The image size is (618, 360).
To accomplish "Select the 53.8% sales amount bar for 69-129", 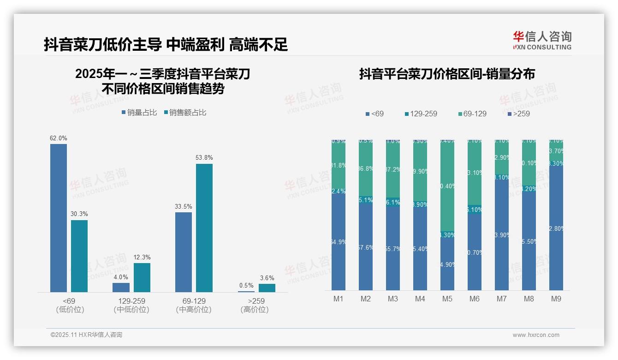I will pos(204,228).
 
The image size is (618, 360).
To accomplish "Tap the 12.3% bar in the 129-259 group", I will pos(142,277).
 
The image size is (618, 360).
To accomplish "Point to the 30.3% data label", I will pos(79,214).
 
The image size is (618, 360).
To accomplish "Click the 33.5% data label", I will pos(184,206).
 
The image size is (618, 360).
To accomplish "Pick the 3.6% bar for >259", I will pos(267,288).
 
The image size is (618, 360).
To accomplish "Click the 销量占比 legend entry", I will pos(139,113).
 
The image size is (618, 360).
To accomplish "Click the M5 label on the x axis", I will pos(447,299).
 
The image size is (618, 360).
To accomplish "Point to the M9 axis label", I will pos(556,299).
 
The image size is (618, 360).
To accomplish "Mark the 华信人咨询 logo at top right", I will pos(542,41).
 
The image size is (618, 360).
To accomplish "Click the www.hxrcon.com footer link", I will pos(536,335).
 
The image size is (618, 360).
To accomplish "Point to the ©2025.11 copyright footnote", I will pos(86,335).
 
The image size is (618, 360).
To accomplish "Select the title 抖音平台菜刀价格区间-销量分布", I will pos(447,74).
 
